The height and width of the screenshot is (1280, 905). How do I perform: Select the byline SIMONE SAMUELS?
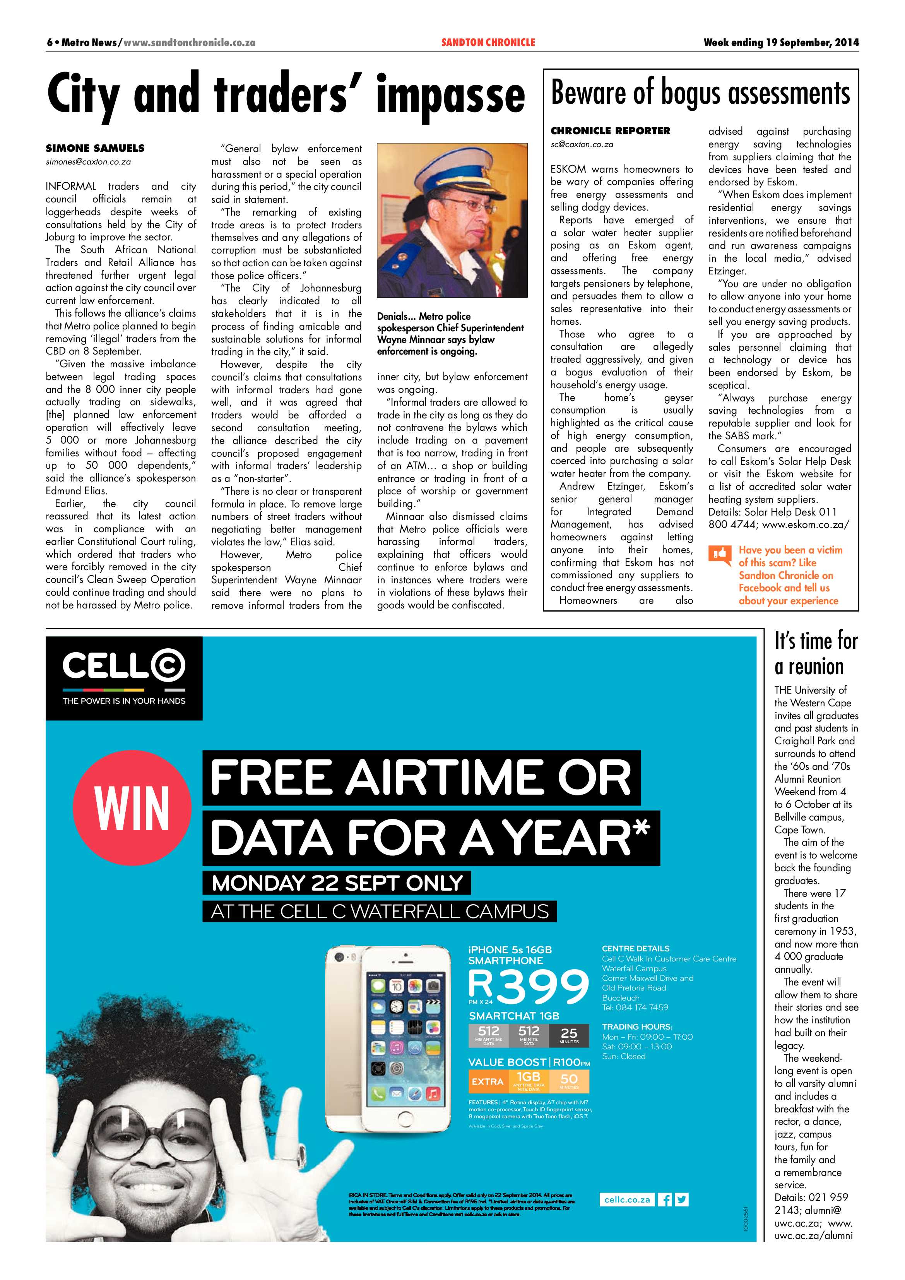pos(95,148)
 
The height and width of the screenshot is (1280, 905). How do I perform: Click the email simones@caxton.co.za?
pos(88,162)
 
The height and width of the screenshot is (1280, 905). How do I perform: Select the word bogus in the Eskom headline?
pos(691,93)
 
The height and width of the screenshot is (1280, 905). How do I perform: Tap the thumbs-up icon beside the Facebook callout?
pos(719,554)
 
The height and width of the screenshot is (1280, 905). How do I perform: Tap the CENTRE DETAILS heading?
pos(635,948)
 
